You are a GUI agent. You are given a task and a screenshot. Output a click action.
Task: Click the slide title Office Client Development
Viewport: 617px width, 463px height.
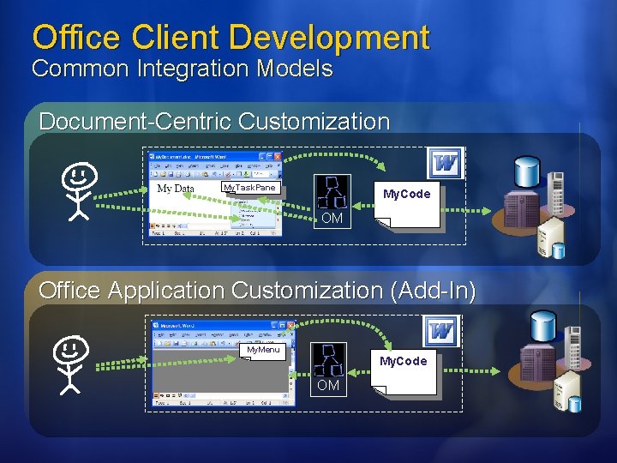[x=231, y=37]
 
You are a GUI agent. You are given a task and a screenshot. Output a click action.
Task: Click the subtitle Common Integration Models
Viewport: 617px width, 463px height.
[x=182, y=69]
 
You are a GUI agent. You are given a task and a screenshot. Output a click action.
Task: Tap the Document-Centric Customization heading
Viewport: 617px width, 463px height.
[x=214, y=122]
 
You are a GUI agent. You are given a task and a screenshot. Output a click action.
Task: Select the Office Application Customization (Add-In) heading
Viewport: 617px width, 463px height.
[x=257, y=291]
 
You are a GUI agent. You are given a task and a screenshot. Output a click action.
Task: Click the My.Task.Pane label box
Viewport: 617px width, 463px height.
[x=249, y=188]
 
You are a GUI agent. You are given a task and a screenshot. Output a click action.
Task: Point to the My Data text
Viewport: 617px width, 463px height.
[x=176, y=189]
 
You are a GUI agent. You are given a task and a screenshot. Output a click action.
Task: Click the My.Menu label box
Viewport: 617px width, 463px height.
[x=263, y=350]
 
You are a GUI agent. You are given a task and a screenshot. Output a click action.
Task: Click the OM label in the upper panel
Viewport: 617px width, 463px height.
[x=332, y=219]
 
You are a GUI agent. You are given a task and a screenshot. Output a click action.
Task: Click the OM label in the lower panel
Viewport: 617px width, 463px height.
[x=328, y=386]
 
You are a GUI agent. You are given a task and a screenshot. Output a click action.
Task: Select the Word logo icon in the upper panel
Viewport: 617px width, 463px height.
[x=446, y=163]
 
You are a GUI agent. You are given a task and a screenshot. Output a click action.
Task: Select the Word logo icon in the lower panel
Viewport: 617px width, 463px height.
[x=442, y=330]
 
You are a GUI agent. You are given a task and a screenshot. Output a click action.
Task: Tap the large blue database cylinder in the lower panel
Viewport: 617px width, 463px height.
[x=543, y=325]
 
